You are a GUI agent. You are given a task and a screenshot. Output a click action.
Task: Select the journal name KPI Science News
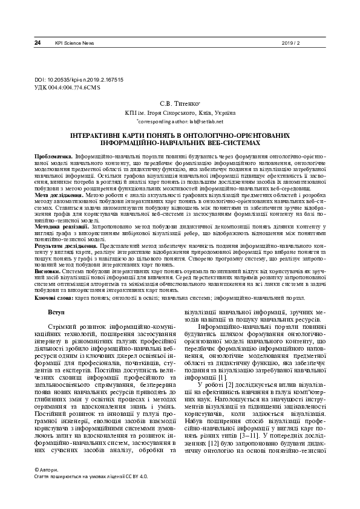(x=74, y=43)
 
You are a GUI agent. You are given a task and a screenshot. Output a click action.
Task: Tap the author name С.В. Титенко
(x=179, y=104)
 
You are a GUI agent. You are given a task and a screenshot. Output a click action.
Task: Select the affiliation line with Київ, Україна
(x=180, y=112)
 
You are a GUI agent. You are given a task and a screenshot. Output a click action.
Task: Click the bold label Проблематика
(x=54, y=157)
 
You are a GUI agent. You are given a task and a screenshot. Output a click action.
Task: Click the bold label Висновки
(x=48, y=272)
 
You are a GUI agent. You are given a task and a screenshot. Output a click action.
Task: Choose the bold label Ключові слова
(x=54, y=298)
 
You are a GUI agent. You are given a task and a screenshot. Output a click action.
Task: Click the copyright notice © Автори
(x=49, y=487)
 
